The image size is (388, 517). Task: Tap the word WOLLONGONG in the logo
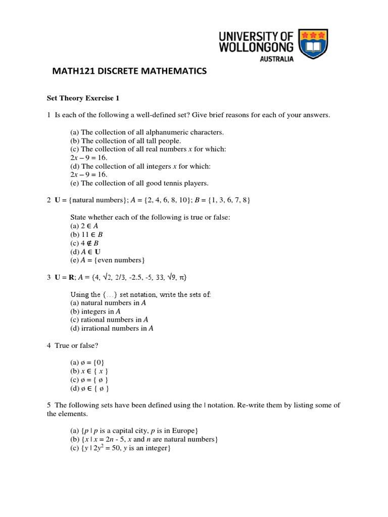tap(256, 46)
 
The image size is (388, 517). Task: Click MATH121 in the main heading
tap(73, 72)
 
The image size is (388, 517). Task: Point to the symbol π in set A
tap(184, 277)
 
